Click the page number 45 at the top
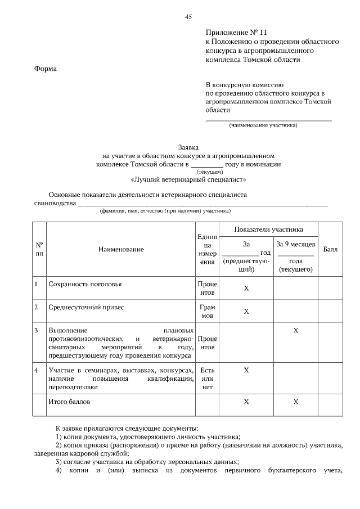pos(188,16)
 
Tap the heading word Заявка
pos(188,145)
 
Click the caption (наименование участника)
pos(263,125)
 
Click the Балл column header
pos(330,249)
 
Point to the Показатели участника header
pos(268,229)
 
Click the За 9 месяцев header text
pos(296,245)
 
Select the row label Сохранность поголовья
pos(85,284)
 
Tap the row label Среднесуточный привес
pos(85,308)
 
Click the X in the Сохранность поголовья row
pos(246,288)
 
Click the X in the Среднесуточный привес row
pos(246,311)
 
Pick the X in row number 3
pos(296,330)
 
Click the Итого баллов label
pos(69,402)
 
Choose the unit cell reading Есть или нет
pos(208,379)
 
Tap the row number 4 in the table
pos(36,370)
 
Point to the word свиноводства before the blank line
pos(55,203)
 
